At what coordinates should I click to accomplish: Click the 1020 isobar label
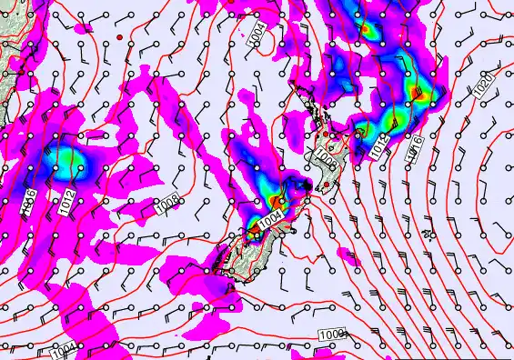point(483,86)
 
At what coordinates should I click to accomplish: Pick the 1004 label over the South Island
point(270,220)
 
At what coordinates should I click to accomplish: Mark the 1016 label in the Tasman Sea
point(28,200)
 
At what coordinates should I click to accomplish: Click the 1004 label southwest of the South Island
point(62,351)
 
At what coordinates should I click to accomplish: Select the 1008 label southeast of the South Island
point(332,336)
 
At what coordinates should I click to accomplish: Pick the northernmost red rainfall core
point(368,28)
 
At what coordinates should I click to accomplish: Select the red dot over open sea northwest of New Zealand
point(119,36)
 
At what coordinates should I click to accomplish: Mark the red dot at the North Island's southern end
point(326,185)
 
